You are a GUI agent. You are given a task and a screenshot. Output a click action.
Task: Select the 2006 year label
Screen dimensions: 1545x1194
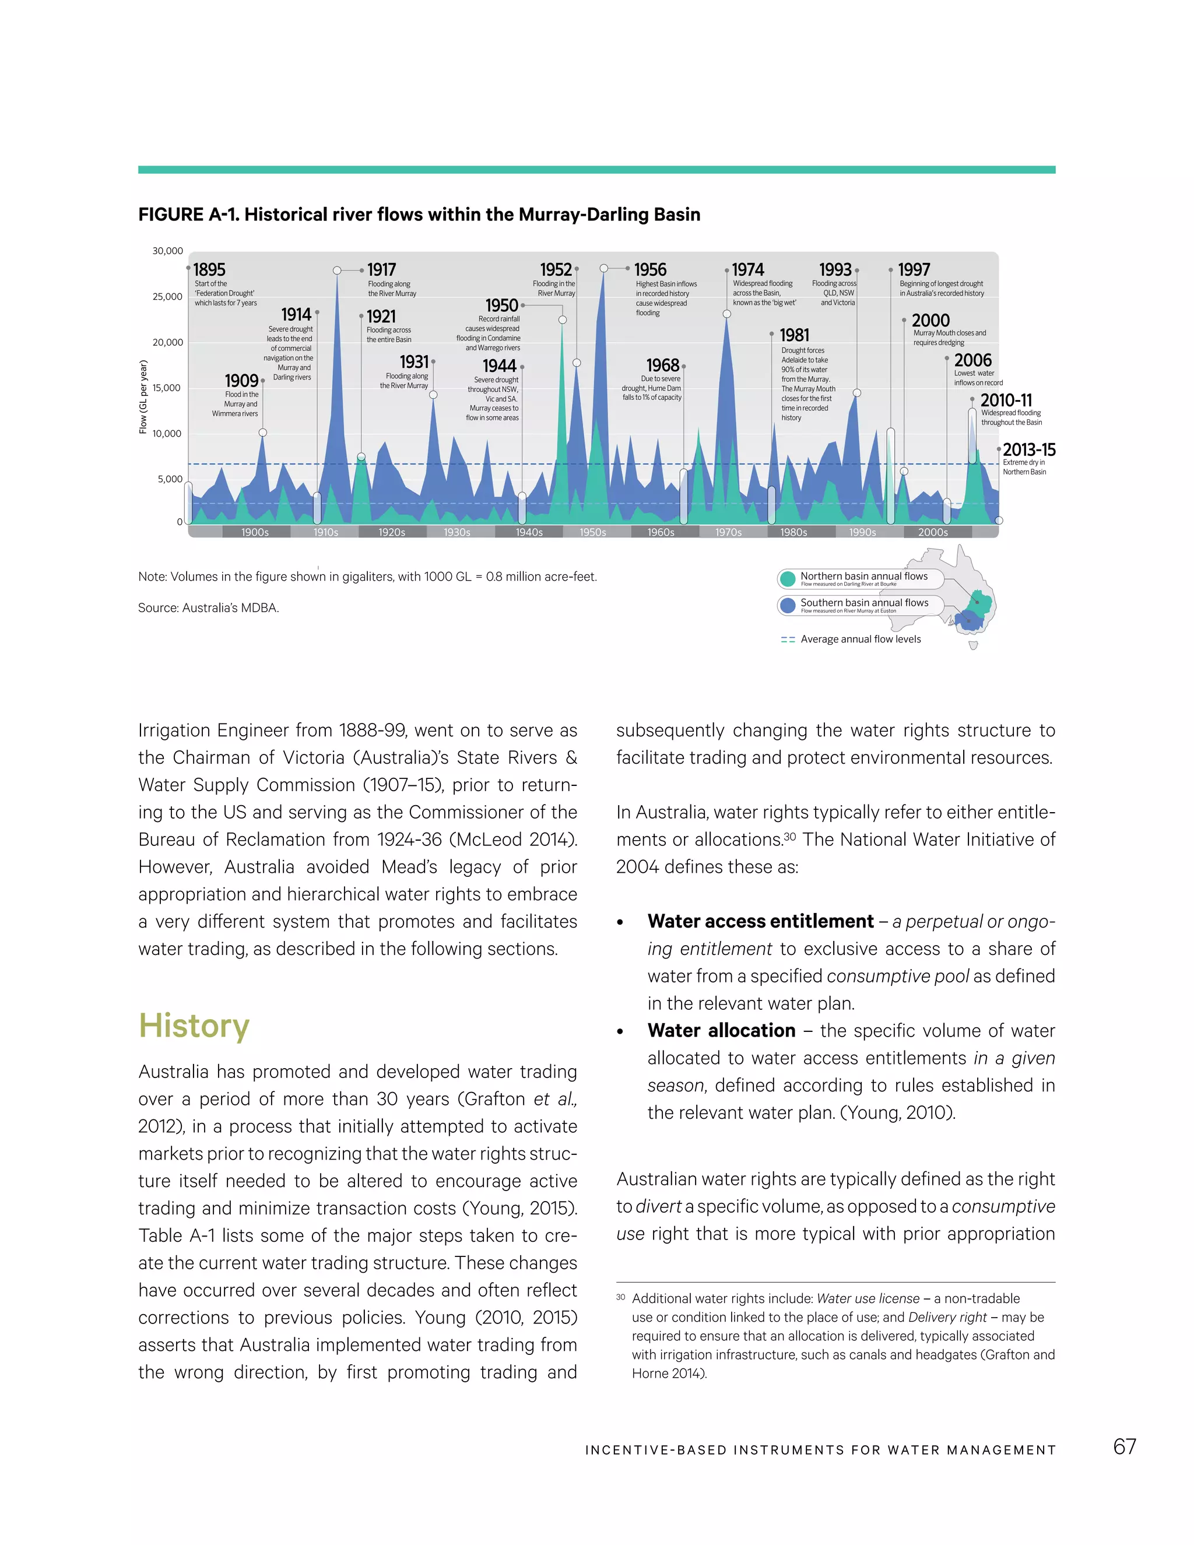[972, 360]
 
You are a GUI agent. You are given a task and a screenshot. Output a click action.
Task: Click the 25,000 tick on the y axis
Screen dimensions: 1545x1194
[168, 296]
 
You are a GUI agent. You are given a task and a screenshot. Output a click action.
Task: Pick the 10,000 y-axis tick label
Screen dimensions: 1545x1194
[168, 434]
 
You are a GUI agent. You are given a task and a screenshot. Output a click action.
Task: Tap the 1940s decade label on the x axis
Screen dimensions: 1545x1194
[529, 532]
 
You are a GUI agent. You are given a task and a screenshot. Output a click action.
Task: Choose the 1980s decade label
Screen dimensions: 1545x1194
[793, 532]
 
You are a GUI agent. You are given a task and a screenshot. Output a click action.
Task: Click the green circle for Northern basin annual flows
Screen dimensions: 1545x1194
[787, 579]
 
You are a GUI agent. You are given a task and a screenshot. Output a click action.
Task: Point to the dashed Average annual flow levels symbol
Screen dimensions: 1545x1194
[787, 640]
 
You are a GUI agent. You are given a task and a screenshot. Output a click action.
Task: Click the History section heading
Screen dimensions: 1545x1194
[194, 1025]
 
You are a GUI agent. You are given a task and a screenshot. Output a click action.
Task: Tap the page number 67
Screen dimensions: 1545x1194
[1125, 1446]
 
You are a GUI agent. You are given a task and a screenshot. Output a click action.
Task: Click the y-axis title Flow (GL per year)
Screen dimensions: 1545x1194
[143, 397]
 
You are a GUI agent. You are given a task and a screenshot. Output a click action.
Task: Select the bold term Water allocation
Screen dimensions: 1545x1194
[722, 1031]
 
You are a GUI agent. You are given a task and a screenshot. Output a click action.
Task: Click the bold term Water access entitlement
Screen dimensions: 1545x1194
[760, 921]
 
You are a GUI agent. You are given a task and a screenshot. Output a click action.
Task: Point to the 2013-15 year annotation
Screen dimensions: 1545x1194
[1029, 450]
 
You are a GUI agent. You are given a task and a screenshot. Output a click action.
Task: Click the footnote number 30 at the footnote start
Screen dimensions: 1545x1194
[620, 1297]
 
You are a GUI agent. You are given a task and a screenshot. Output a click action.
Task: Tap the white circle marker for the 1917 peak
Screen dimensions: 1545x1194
[338, 271]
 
